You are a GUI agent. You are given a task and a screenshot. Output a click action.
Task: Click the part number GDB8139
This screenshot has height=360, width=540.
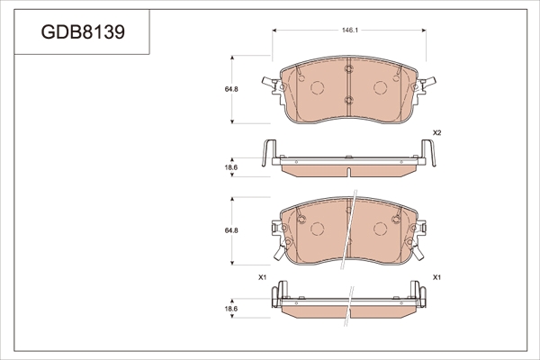tap(83, 32)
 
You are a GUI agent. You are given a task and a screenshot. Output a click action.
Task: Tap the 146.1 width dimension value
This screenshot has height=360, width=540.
tap(350, 31)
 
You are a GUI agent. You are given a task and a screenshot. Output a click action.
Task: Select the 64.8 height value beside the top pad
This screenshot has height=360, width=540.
tap(231, 89)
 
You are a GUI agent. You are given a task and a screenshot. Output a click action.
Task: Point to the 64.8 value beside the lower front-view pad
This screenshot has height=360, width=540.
tap(231, 230)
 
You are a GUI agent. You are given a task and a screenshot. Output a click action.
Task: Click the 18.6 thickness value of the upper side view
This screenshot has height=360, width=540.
tap(231, 167)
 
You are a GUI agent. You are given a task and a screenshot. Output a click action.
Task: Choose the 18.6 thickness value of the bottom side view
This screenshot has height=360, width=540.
tap(231, 309)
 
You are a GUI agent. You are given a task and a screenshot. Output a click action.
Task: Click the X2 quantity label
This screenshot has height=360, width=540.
tap(436, 132)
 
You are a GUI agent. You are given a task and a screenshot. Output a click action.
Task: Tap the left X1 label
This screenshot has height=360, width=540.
tap(263, 277)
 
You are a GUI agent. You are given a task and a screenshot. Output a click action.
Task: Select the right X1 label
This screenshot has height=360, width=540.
tap(436, 277)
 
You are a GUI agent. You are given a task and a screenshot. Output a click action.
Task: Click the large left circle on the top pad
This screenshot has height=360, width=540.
tap(318, 87)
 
